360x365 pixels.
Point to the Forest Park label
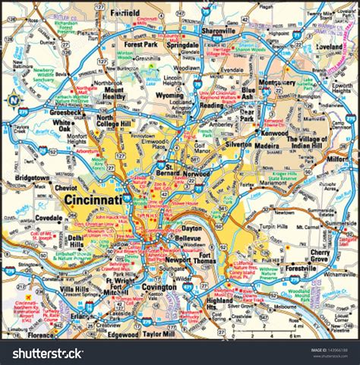pos(139,44)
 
